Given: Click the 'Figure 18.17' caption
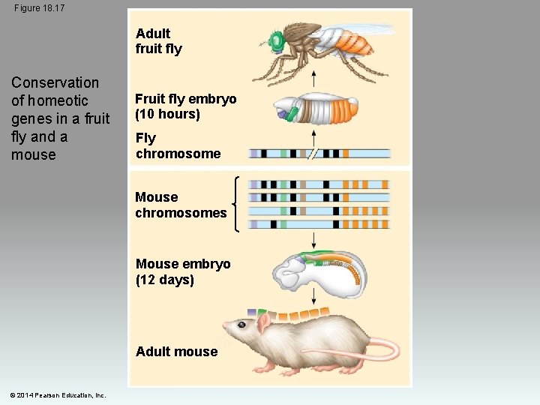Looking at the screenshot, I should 39,7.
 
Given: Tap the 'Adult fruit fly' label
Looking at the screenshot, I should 158,41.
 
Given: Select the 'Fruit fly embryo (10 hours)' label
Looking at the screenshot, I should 185,106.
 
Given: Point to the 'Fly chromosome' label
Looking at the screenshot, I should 178,145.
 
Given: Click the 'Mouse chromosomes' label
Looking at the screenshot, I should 180,205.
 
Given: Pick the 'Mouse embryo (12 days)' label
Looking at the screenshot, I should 183,271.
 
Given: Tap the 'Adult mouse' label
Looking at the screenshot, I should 176,352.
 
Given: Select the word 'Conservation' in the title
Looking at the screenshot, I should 55,82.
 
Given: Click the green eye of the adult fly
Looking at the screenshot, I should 276,40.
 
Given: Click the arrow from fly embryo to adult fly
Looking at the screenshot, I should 313,77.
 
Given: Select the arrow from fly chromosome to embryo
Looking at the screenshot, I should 313,137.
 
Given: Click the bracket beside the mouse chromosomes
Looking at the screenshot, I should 238,203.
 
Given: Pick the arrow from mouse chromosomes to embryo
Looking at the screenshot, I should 313,240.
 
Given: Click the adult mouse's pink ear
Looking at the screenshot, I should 264,323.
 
